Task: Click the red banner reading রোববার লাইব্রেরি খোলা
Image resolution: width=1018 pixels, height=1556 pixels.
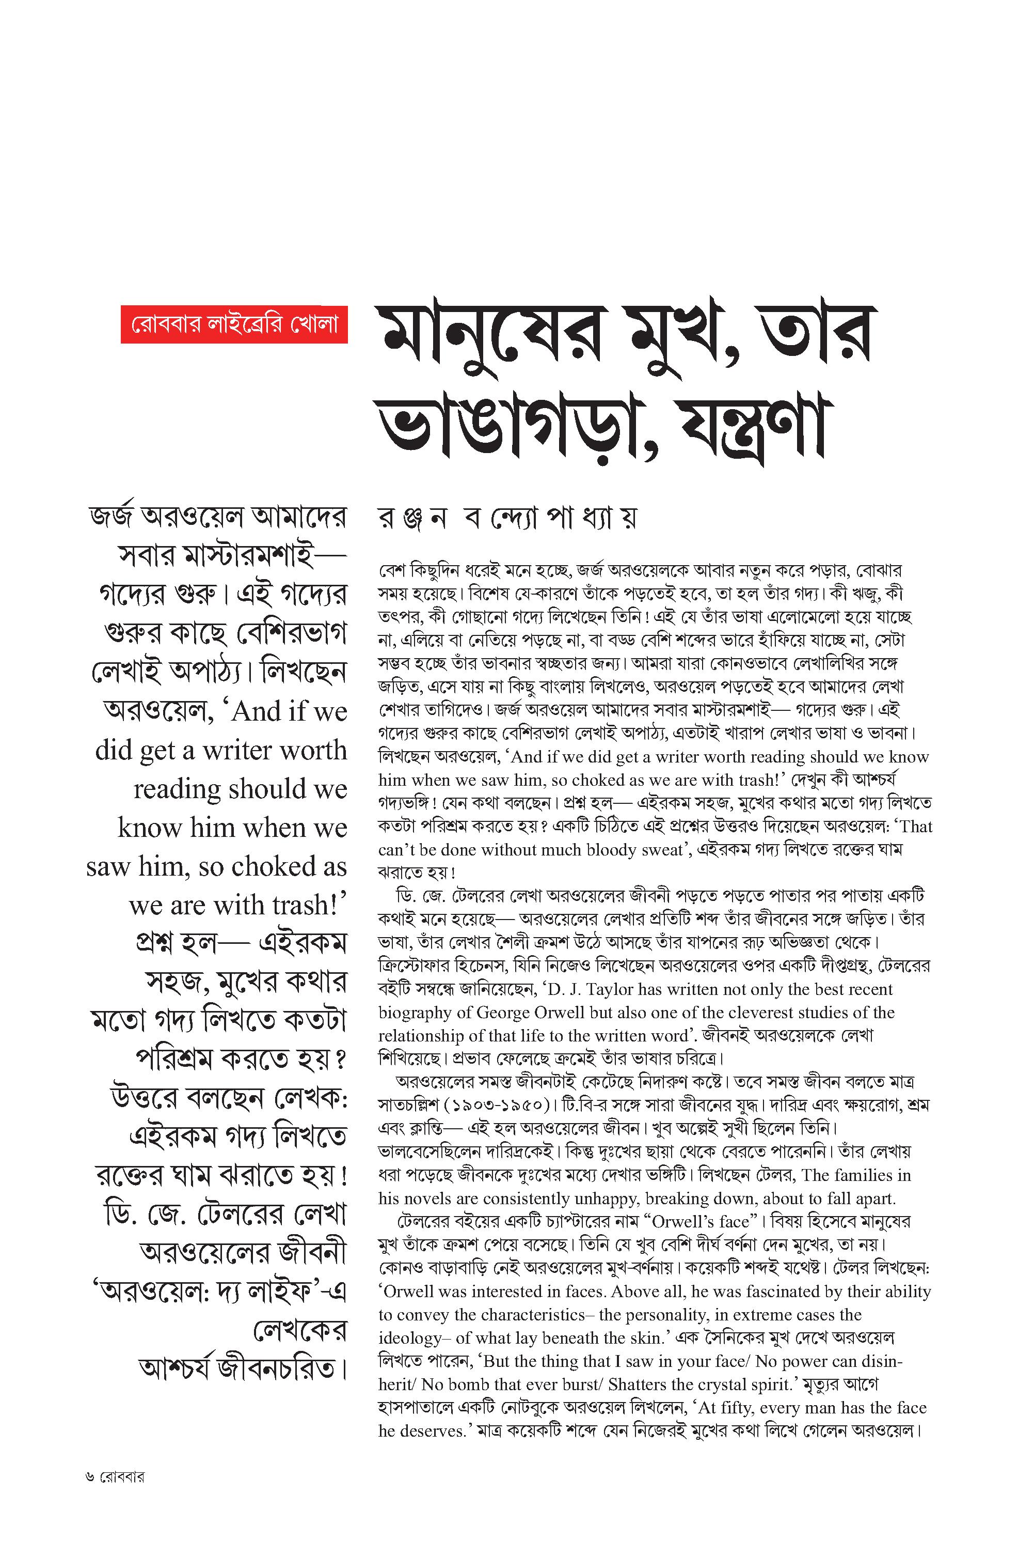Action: point(234,324)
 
